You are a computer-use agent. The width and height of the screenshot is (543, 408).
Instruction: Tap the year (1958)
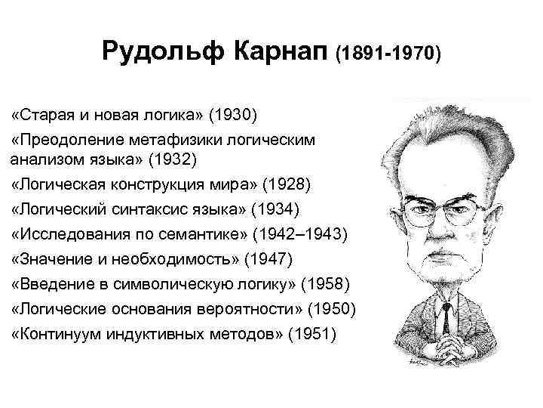(x=325, y=285)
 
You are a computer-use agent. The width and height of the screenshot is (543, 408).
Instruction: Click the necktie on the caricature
(x=448, y=317)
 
